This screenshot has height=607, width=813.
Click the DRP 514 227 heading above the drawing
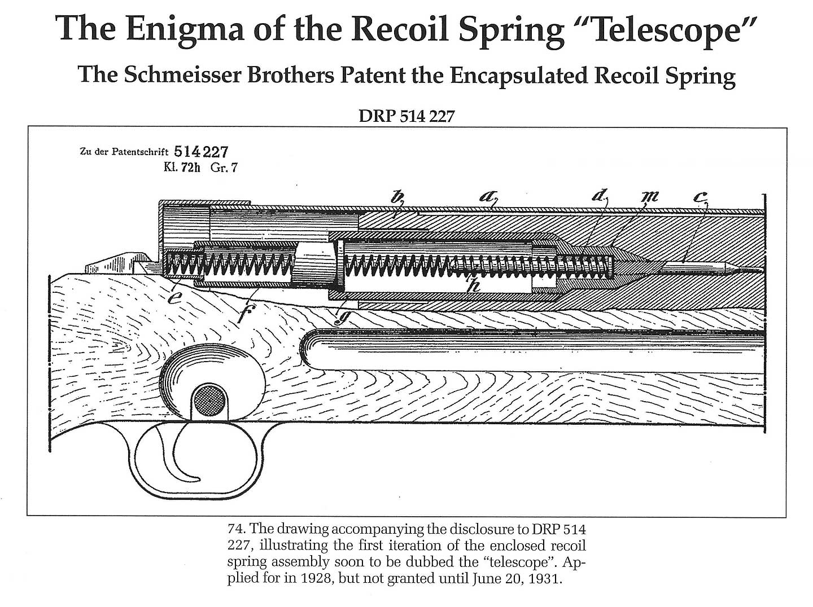pos(406,116)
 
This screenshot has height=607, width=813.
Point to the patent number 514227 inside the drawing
pos(201,152)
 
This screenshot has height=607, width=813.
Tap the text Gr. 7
pos(224,168)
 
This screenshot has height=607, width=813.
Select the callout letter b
pos(399,197)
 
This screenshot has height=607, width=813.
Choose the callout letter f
pos(243,314)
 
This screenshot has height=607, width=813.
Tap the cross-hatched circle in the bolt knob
pos(209,402)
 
